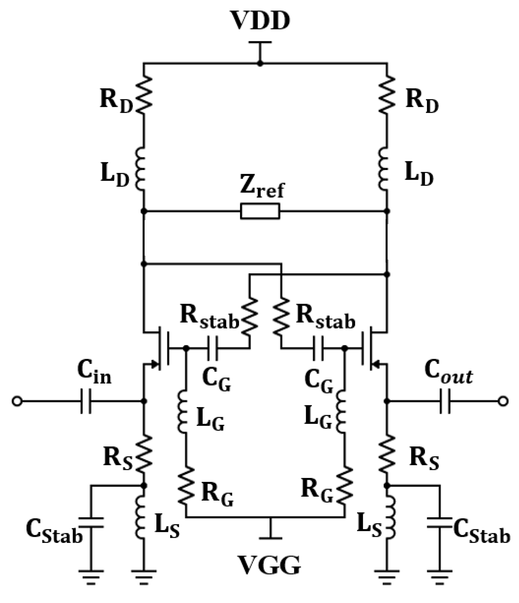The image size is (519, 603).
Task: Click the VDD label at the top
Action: [x=259, y=21]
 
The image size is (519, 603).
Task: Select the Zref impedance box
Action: [x=260, y=211]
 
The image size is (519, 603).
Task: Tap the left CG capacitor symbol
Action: [x=213, y=348]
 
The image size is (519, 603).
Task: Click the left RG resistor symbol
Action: [x=186, y=485]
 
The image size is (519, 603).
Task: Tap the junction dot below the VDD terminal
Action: [x=259, y=64]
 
